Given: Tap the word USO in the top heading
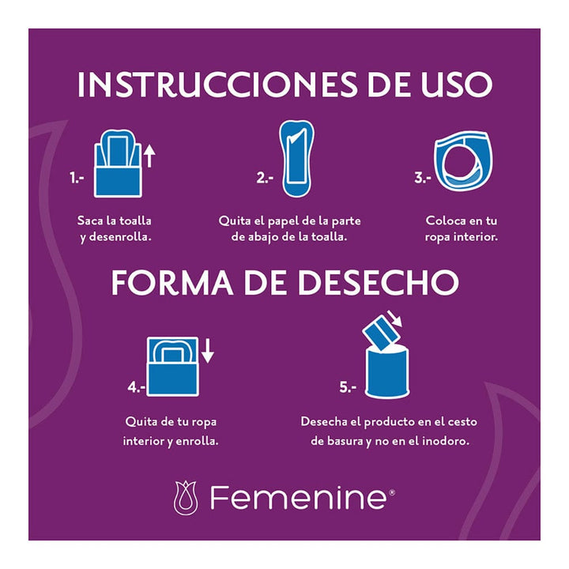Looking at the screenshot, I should point(450,85).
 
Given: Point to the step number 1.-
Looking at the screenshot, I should point(77,179).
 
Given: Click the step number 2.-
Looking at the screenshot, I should point(265,179).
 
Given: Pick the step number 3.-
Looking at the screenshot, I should point(423,179).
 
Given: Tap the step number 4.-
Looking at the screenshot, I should point(137,387).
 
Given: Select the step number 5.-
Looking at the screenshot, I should point(348,387).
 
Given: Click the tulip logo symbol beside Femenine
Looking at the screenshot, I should point(187,498).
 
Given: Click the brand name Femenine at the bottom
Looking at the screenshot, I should point(297,498).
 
